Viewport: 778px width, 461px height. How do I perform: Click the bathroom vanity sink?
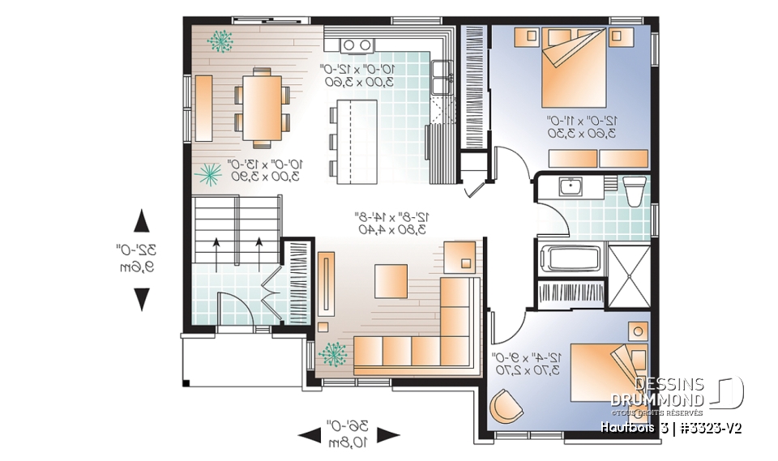tap(573, 187)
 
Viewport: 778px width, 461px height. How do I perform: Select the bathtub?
tap(571, 260)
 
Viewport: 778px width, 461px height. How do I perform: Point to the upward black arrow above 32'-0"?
tap(142, 221)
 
